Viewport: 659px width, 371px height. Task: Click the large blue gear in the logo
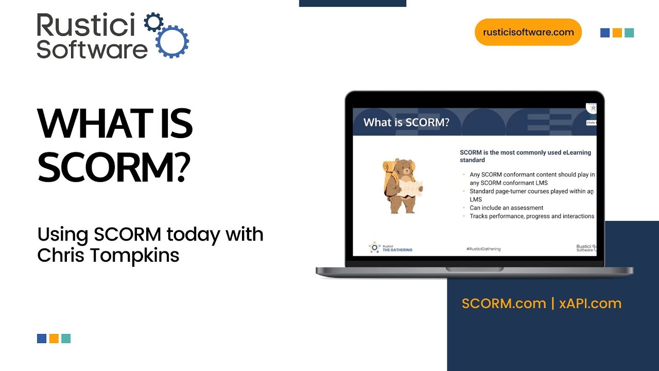point(172,41)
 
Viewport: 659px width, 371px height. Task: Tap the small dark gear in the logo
point(153,23)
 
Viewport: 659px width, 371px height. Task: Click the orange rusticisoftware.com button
point(528,32)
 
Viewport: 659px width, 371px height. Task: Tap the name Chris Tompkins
point(108,256)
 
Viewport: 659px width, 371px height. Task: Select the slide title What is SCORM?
point(406,123)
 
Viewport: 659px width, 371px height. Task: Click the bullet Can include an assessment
point(506,208)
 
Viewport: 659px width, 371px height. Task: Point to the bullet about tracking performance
point(532,216)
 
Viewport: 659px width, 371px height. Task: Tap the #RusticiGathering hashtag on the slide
point(483,249)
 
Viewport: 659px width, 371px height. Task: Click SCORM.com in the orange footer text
point(504,303)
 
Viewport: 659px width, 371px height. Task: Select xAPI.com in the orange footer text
point(590,303)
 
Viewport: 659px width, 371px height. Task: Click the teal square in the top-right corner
point(629,33)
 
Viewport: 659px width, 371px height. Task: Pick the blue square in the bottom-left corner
point(42,339)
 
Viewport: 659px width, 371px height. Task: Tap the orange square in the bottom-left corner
point(54,339)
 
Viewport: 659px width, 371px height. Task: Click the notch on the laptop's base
point(474,269)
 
